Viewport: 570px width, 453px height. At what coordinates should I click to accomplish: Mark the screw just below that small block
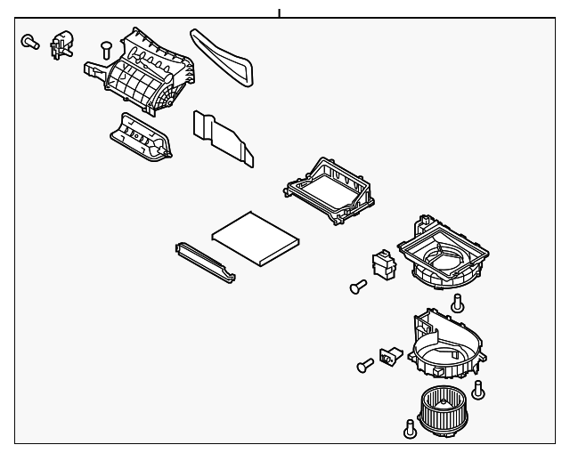359,287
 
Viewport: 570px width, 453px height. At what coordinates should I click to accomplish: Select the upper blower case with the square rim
443,253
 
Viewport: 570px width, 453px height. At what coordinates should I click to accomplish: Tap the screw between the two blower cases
458,303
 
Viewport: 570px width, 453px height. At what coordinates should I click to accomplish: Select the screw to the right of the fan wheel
480,389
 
